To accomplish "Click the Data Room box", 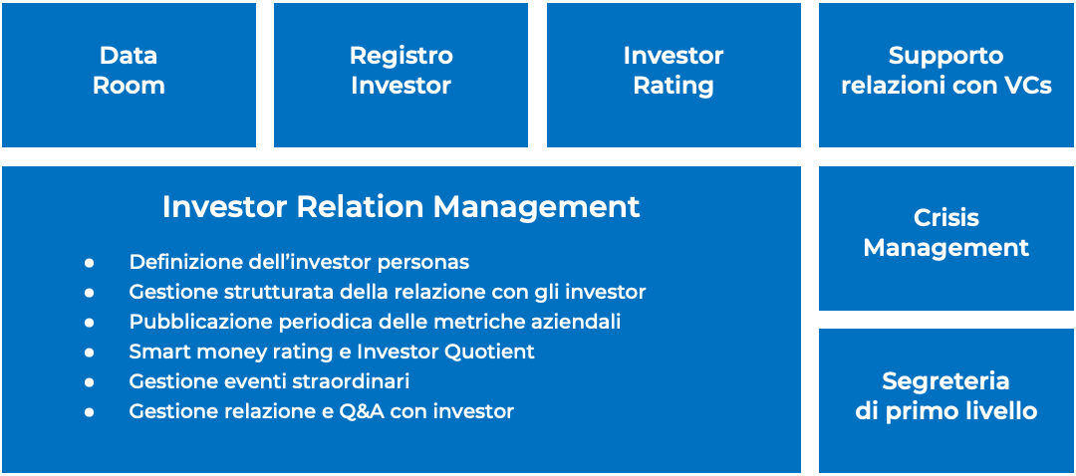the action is pyautogui.click(x=129, y=75).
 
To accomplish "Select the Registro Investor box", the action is pyautogui.click(x=401, y=75).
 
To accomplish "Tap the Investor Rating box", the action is pyautogui.click(x=673, y=75).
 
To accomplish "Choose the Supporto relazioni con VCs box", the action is pyautogui.click(x=946, y=75).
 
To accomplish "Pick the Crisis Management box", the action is pyautogui.click(x=946, y=238).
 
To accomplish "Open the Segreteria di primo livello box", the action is pyautogui.click(x=946, y=400).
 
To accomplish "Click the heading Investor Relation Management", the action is pyautogui.click(x=402, y=206).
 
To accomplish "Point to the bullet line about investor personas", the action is pyautogui.click(x=299, y=262).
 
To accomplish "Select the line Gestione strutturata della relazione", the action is pyautogui.click(x=388, y=292).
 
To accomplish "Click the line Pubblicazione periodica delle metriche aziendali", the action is pyautogui.click(x=375, y=322).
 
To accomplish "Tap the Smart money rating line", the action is pyautogui.click(x=332, y=352).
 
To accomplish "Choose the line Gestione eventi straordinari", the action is pyautogui.click(x=270, y=381).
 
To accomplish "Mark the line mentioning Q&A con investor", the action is pyautogui.click(x=321, y=411).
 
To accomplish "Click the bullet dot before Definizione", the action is pyautogui.click(x=89, y=263).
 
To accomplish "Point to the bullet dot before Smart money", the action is pyautogui.click(x=89, y=353).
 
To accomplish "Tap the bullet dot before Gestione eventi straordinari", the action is pyautogui.click(x=89, y=382).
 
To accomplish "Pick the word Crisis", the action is pyautogui.click(x=946, y=218).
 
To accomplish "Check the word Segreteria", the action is pyautogui.click(x=946, y=380).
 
